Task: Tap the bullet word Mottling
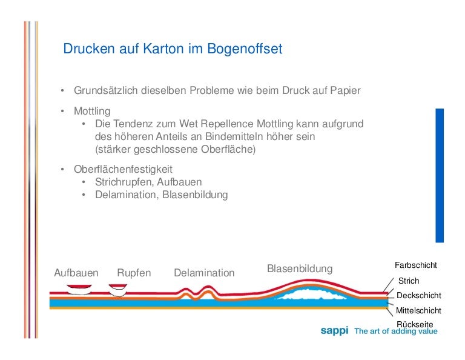tap(92, 112)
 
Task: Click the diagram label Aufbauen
tap(76, 273)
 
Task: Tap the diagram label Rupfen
tap(134, 273)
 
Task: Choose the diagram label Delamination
tap(204, 273)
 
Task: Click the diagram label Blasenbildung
tap(300, 268)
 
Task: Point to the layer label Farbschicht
tap(416, 265)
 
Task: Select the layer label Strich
tap(409, 281)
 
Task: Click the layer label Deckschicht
tap(418, 296)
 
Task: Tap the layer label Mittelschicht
tap(418, 310)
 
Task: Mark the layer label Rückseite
tap(415, 324)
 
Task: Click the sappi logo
tap(334, 331)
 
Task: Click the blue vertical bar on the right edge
tap(440, 176)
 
